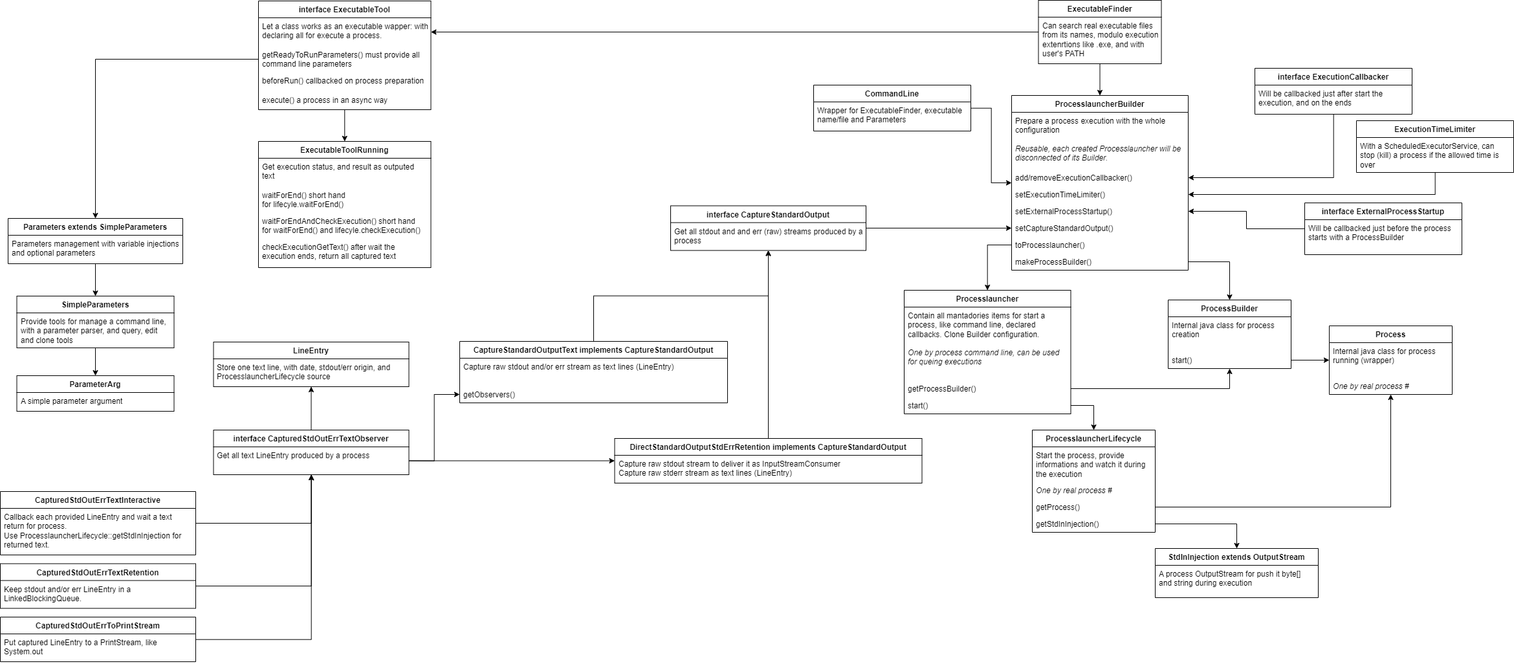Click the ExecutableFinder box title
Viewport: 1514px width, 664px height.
(x=1099, y=9)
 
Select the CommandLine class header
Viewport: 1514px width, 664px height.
(x=892, y=94)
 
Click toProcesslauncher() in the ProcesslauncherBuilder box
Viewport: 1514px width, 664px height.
(x=1049, y=245)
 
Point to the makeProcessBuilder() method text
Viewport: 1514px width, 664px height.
(x=1053, y=262)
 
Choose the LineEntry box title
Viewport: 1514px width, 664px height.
(x=311, y=351)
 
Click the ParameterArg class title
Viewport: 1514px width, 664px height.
(x=95, y=384)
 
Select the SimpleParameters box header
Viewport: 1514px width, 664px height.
(x=95, y=305)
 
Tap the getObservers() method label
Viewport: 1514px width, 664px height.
(x=489, y=395)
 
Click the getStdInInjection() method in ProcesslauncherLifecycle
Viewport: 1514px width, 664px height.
(x=1067, y=524)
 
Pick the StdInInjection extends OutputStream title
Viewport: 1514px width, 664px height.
(x=1236, y=557)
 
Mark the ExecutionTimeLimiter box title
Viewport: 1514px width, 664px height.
(x=1434, y=129)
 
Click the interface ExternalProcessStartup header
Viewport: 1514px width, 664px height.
(x=1383, y=212)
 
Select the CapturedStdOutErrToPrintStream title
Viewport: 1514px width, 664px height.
(x=98, y=626)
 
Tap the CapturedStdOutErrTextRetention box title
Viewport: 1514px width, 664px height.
(x=98, y=573)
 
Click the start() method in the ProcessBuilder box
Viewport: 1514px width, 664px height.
(x=1181, y=360)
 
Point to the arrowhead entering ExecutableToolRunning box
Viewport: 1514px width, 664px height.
(x=344, y=138)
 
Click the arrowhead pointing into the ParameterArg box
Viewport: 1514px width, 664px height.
(x=95, y=372)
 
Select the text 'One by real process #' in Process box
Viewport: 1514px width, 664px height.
(x=1370, y=386)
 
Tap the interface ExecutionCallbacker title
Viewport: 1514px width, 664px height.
(x=1333, y=77)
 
